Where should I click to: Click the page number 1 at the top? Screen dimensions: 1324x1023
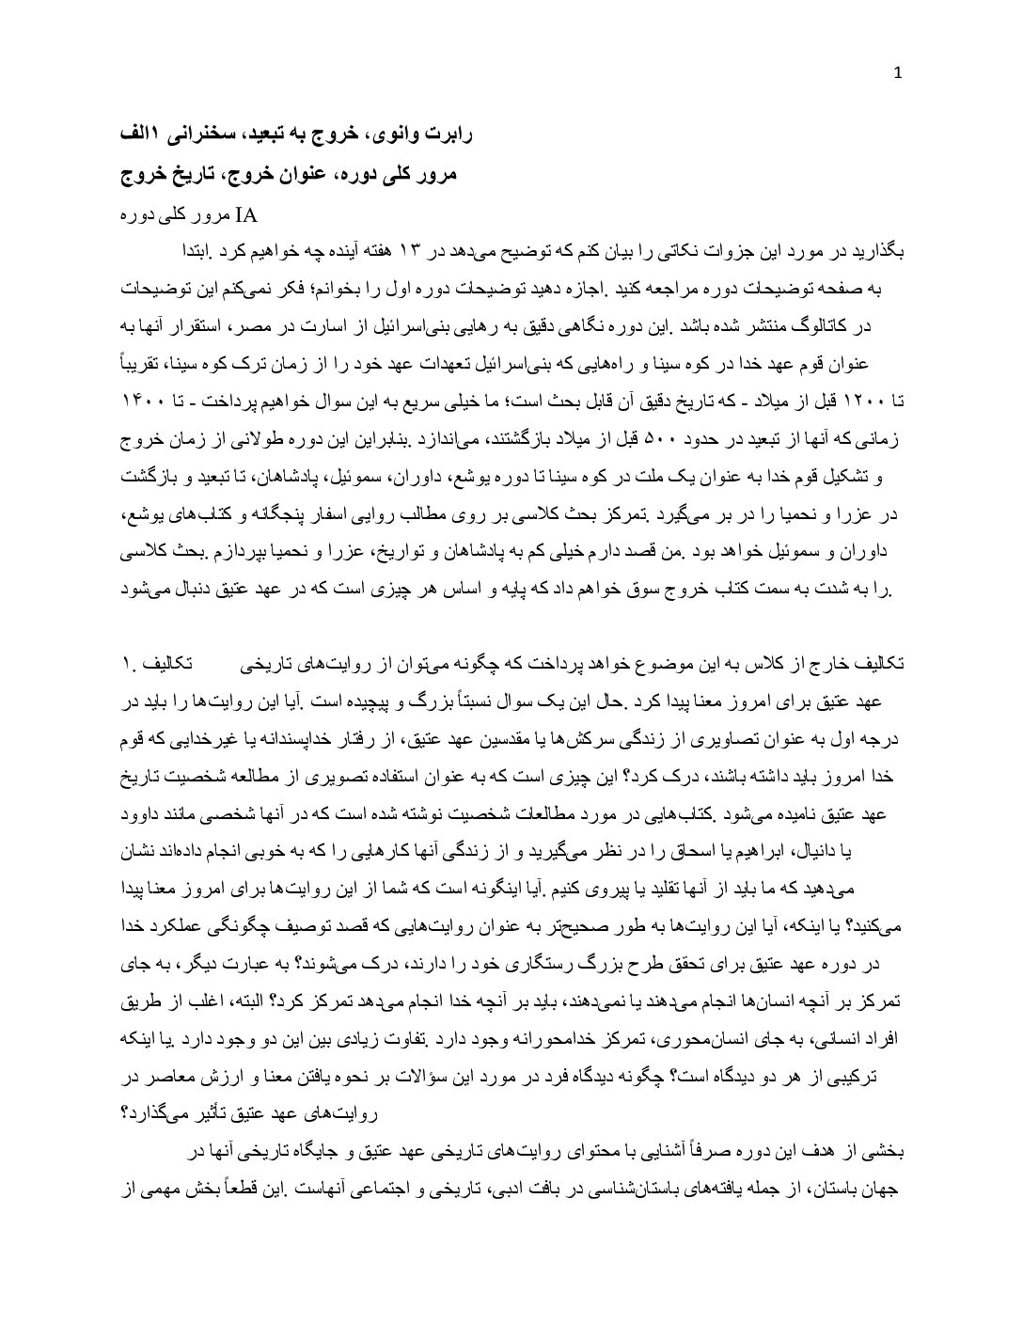click(x=898, y=74)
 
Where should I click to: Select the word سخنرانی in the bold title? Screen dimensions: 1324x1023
click(x=206, y=135)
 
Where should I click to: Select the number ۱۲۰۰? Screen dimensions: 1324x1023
click(x=855, y=402)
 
